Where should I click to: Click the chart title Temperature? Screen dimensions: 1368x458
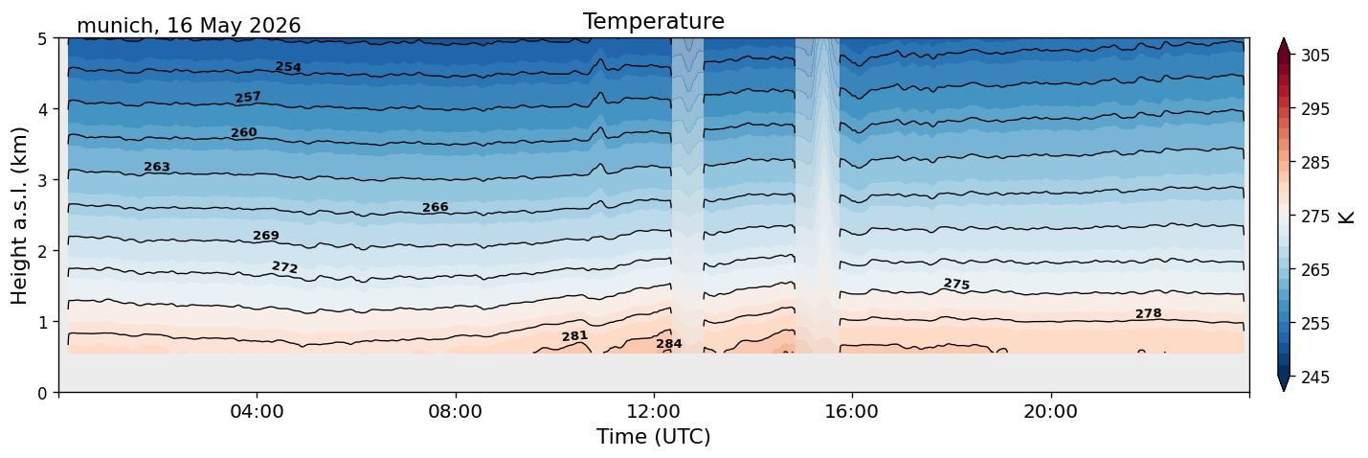point(654,21)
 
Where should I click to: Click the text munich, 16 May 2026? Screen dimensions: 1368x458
point(189,26)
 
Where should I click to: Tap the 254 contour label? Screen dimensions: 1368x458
point(288,67)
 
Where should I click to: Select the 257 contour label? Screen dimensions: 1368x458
point(248,97)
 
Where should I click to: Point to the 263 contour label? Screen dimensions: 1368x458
point(157,167)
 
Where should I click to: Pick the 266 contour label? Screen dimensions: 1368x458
point(436,207)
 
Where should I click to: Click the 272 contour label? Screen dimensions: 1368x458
point(284,267)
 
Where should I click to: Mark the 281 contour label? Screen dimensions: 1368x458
point(574,335)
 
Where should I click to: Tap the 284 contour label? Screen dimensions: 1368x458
point(669,344)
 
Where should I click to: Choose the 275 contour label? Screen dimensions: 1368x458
point(956,284)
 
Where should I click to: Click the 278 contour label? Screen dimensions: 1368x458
point(1148,313)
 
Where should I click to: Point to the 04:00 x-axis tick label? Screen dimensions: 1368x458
point(257,411)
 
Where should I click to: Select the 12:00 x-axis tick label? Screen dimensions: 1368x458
point(654,411)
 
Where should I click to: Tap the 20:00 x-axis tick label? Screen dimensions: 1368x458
point(1050,411)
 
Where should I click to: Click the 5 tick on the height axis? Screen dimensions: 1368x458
point(43,39)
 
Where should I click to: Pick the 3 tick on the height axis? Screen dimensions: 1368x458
point(43,180)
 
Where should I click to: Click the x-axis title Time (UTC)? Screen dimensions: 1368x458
point(654,437)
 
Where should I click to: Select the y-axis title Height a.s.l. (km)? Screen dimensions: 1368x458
point(19,216)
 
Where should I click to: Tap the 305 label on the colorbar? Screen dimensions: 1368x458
point(1314,56)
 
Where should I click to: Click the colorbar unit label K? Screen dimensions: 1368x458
point(1346,218)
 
